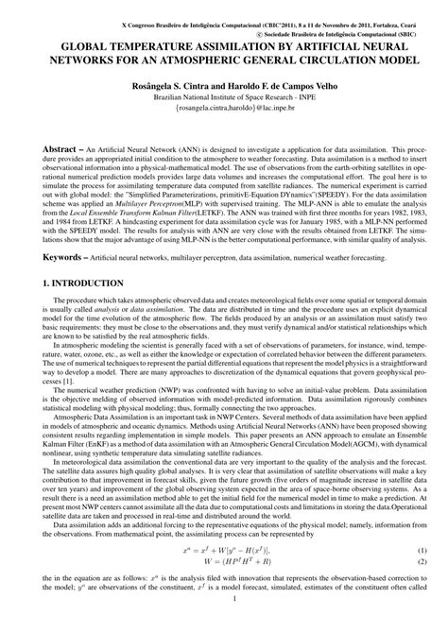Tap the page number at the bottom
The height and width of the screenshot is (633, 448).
pos(224,624)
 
